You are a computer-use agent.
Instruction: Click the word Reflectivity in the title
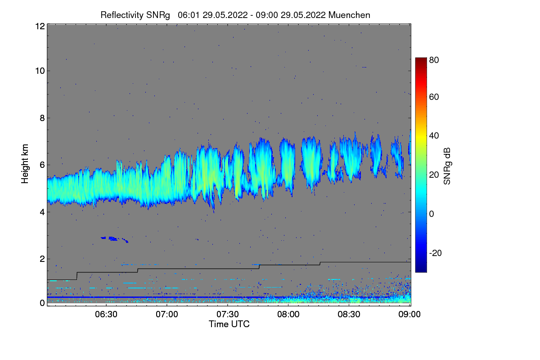click(119, 15)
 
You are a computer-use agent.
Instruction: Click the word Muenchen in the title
click(349, 15)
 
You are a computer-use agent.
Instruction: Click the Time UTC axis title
click(229, 324)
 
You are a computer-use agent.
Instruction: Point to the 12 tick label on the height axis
click(40, 26)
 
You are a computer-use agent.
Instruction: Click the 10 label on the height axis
click(40, 71)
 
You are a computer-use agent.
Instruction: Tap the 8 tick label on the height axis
click(42, 118)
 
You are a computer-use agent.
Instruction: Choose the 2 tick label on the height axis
click(42, 259)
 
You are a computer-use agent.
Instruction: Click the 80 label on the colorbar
click(433, 60)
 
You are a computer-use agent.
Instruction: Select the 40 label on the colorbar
click(433, 135)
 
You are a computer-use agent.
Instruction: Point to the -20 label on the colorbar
click(435, 253)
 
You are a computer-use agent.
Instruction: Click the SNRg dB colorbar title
click(447, 165)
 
